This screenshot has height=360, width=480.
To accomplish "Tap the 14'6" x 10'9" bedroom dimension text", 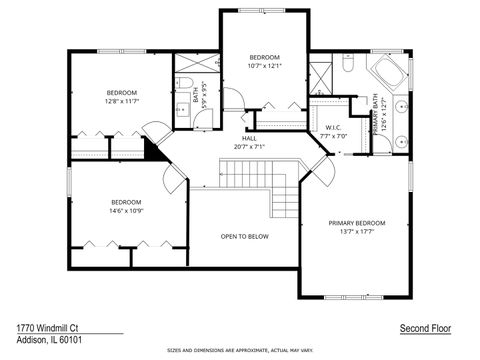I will (x=126, y=209).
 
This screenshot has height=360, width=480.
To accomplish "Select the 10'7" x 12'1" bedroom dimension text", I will (x=264, y=66).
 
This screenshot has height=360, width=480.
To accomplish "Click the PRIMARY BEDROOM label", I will (x=356, y=222).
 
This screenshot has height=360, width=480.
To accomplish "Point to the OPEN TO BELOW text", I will (x=244, y=236).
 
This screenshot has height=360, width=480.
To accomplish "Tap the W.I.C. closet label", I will (x=333, y=127).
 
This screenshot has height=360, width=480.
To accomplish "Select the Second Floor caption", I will (x=424, y=328).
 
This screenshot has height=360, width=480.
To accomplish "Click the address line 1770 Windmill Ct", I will (x=47, y=327).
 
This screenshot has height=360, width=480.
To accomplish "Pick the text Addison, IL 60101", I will (x=50, y=341).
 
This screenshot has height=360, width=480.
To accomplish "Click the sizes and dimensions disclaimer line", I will (x=240, y=352).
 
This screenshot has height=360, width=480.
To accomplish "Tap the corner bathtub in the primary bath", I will (x=386, y=73).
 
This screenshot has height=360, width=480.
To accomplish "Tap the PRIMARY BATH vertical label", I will (x=376, y=114).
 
